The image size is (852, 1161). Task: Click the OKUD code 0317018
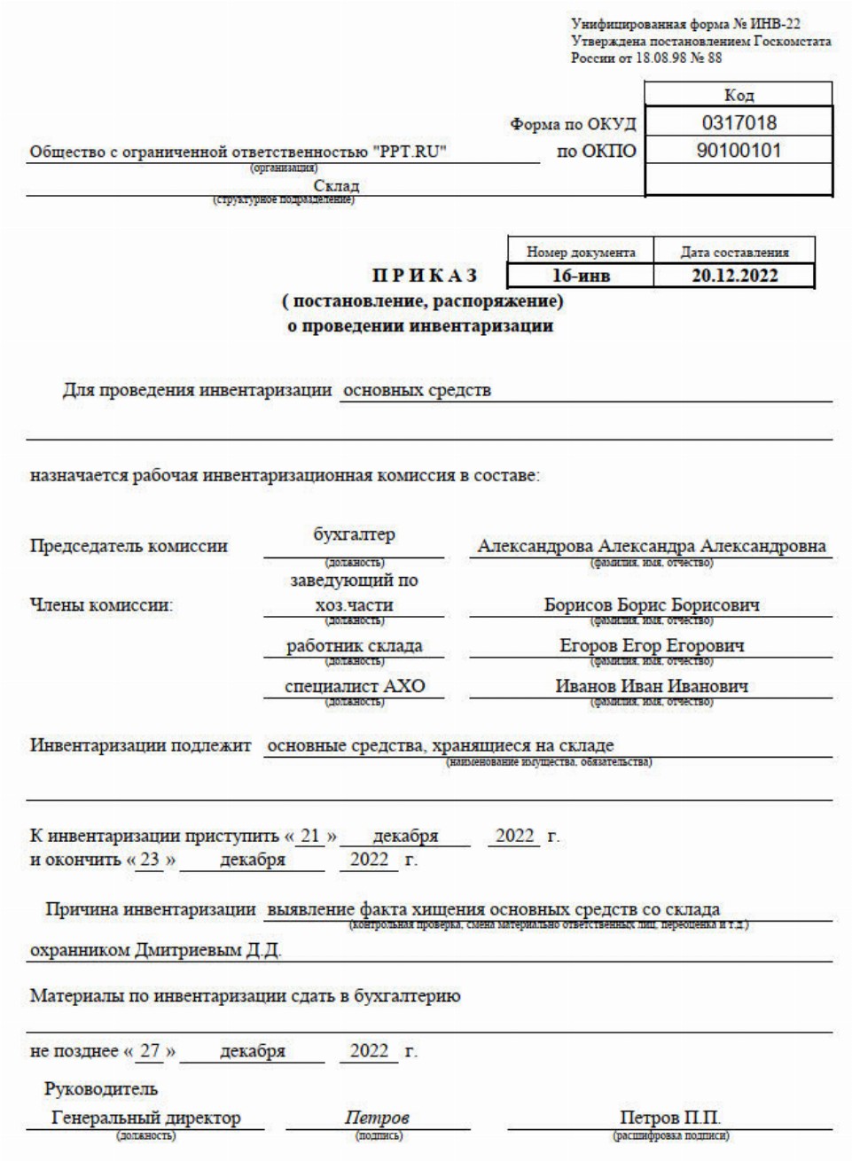[x=739, y=123]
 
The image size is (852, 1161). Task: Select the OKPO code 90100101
[x=739, y=151]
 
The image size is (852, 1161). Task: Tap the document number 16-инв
[x=581, y=276]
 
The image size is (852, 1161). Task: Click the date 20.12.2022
[x=734, y=276]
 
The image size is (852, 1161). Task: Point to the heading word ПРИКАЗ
[x=424, y=276]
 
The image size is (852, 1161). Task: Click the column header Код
[x=739, y=95]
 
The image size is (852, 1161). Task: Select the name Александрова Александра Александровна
[x=652, y=546]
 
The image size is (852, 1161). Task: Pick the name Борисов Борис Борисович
[x=652, y=605]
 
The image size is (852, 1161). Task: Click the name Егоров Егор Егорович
[x=652, y=645]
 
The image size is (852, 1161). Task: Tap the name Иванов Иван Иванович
[x=652, y=686]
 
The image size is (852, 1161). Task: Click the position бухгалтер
[x=354, y=535]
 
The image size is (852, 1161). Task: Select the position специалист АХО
[x=355, y=686]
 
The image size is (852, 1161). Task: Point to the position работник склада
[x=354, y=645]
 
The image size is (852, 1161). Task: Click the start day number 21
[x=310, y=836]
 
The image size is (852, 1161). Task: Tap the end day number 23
[x=151, y=860]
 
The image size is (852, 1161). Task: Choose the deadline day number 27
[x=151, y=1051]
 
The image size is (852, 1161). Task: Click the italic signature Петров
[x=377, y=1118]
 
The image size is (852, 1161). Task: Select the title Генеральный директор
[x=146, y=1118]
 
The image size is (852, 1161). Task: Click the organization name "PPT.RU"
[x=410, y=152]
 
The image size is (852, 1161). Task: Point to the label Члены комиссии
[x=101, y=606]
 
